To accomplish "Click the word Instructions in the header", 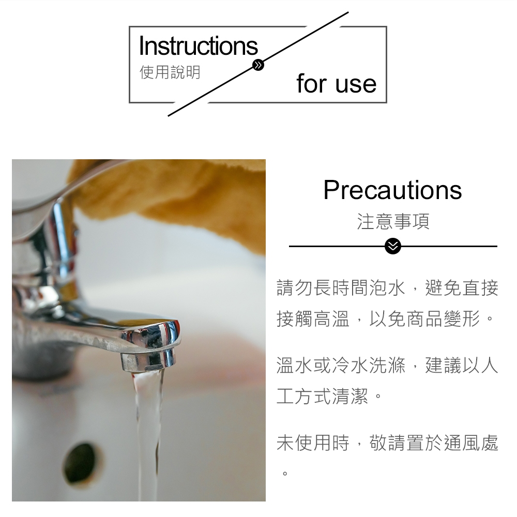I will click(x=198, y=46).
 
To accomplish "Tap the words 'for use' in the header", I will click(x=337, y=83).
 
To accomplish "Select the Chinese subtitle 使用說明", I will click(x=170, y=72).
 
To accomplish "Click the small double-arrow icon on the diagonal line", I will click(x=258, y=65).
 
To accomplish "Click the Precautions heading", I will click(x=392, y=190).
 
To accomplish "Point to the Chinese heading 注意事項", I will click(x=393, y=221).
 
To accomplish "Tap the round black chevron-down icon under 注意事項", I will click(x=393, y=247).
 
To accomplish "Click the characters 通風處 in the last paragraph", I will click(x=471, y=443).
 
